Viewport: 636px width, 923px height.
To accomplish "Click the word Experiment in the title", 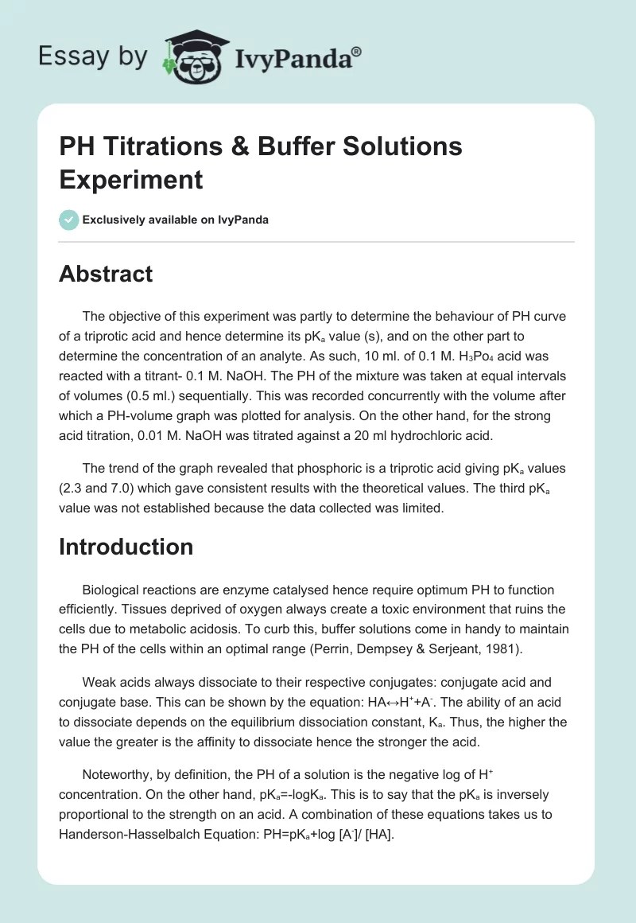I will (x=131, y=180).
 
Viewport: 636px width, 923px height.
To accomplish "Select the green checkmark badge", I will (x=69, y=220).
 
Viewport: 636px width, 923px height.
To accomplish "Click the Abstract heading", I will (x=106, y=274).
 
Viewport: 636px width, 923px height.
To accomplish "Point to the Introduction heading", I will (x=126, y=547).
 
